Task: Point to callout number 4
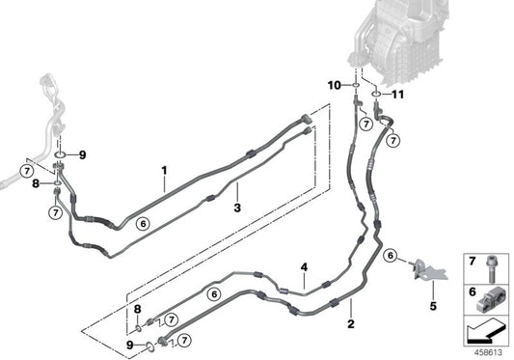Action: click(x=304, y=266)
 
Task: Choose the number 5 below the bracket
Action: click(x=433, y=307)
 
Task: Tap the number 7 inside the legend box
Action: click(x=472, y=263)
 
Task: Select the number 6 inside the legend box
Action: click(x=472, y=291)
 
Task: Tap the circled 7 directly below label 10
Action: click(x=365, y=125)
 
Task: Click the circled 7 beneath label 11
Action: click(x=393, y=141)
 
